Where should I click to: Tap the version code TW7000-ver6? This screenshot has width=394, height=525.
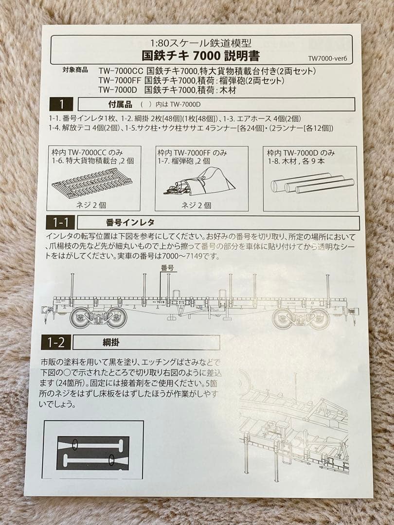point(328,59)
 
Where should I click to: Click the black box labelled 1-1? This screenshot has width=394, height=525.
point(61,223)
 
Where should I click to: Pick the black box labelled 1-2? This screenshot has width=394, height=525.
point(56,342)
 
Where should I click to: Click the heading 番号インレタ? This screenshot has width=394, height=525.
point(130,223)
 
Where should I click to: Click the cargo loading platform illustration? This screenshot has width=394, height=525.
point(92,182)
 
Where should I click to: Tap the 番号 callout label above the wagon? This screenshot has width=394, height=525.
point(167,268)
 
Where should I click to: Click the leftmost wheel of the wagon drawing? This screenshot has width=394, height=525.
point(81,318)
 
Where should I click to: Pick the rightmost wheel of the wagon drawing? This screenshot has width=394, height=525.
point(320,319)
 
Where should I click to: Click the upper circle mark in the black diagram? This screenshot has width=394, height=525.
point(75,444)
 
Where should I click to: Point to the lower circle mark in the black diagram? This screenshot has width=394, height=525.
point(112,459)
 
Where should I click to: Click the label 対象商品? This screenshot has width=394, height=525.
point(75,70)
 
